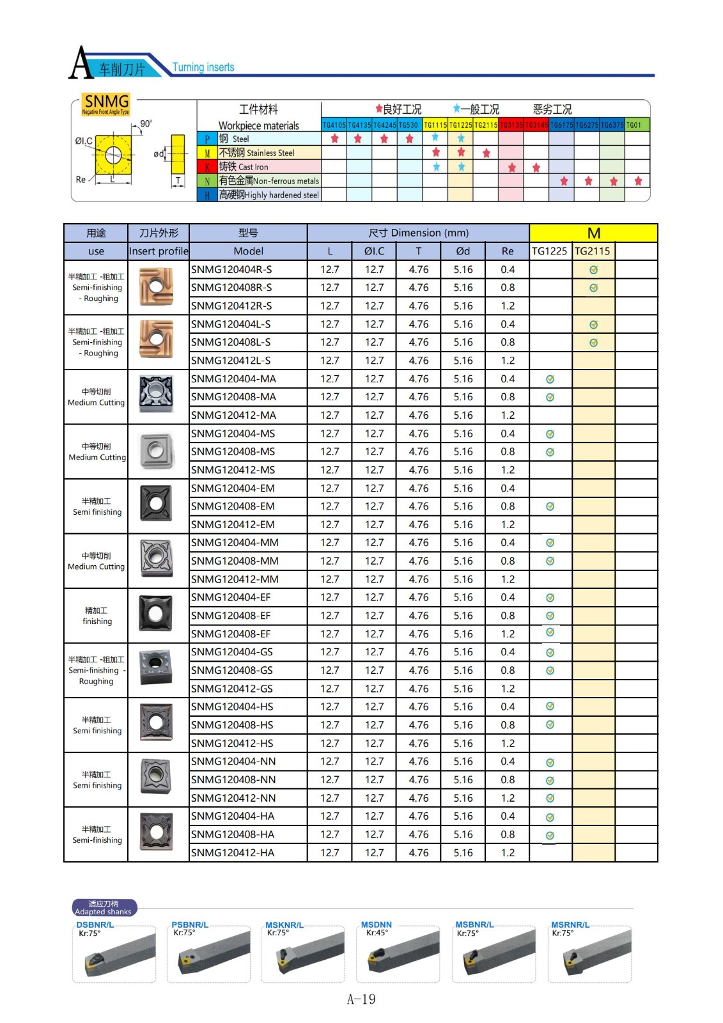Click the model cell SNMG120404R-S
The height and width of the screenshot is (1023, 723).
click(x=231, y=270)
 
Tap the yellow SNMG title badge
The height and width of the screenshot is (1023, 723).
click(x=107, y=102)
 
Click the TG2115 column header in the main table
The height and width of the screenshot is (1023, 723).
click(x=593, y=251)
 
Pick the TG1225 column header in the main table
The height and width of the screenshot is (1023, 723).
click(x=550, y=251)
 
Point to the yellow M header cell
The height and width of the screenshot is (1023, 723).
click(x=593, y=233)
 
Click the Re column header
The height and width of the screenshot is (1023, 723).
click(x=508, y=251)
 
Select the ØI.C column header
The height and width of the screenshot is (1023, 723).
click(x=374, y=251)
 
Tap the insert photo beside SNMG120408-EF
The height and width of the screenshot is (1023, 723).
click(x=156, y=614)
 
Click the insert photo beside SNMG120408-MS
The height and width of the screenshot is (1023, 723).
click(x=156, y=451)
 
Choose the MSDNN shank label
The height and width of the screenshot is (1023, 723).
click(x=376, y=925)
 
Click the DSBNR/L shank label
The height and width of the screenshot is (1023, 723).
click(x=95, y=925)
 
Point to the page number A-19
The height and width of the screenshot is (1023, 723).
click(x=361, y=999)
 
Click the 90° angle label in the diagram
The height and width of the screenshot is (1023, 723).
click(x=146, y=123)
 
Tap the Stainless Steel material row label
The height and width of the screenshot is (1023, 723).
click(x=257, y=153)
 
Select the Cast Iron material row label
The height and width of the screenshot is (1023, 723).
click(x=244, y=167)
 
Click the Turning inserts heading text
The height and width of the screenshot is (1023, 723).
click(x=203, y=67)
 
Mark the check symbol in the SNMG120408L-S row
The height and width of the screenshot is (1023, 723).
click(x=593, y=343)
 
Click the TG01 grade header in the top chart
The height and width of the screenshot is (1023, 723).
click(x=634, y=125)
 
